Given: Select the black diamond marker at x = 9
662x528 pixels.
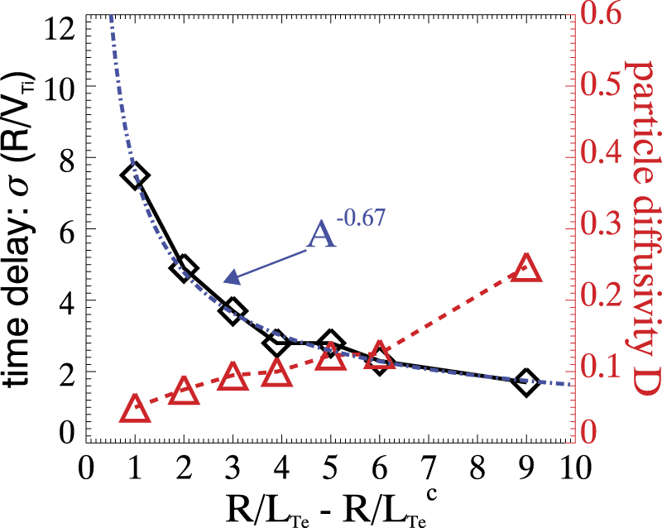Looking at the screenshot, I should point(525,382).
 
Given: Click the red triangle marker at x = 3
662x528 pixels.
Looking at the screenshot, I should point(233,377).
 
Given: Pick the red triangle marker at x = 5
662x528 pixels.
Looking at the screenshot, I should point(330,359).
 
